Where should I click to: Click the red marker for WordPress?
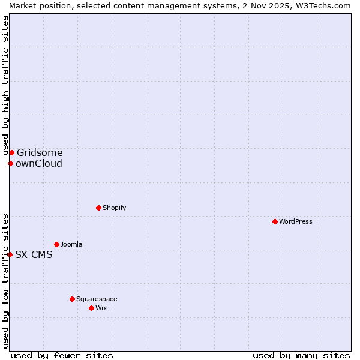(x=275, y=221)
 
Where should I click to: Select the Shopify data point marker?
(x=98, y=208)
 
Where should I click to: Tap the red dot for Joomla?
(x=56, y=244)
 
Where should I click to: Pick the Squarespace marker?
(x=72, y=299)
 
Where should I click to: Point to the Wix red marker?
(x=91, y=308)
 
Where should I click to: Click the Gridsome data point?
(x=11, y=152)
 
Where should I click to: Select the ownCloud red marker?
(x=10, y=163)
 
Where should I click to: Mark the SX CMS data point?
(x=10, y=254)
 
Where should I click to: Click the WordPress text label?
(x=296, y=221)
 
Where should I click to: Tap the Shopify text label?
(x=114, y=208)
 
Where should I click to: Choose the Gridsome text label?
(x=40, y=152)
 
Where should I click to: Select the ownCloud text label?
(x=39, y=163)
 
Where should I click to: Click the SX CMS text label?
(x=34, y=254)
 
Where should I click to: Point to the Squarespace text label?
(x=97, y=299)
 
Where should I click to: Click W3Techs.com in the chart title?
(x=326, y=5)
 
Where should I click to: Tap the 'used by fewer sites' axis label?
(x=62, y=355)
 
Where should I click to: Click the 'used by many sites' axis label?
(x=301, y=355)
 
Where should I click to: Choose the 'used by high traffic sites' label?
(x=5, y=86)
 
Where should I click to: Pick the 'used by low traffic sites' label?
(x=5, y=280)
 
